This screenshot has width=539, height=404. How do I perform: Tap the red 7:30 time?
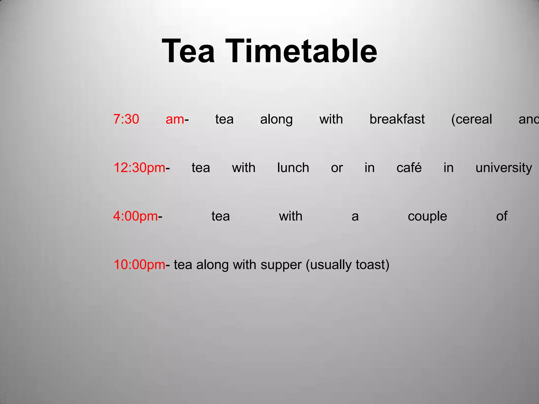(126, 119)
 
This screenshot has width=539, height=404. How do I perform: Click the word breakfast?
(397, 119)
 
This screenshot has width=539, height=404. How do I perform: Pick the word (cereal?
(471, 119)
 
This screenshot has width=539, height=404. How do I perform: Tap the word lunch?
(293, 168)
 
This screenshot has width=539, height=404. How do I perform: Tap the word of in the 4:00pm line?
(502, 216)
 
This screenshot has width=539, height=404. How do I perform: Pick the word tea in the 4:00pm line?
(221, 216)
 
